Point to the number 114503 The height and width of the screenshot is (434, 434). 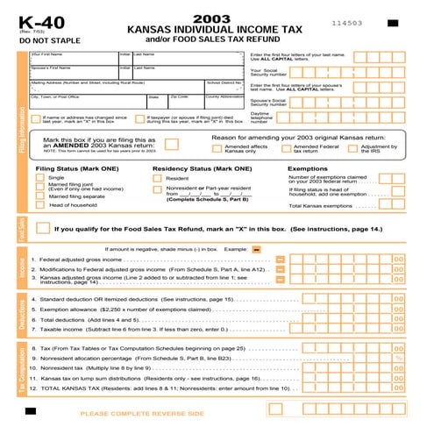point(348,22)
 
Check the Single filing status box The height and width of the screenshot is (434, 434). point(39,178)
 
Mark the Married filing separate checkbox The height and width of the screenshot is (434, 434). point(39,196)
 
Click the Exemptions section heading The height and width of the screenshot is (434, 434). point(308,167)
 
